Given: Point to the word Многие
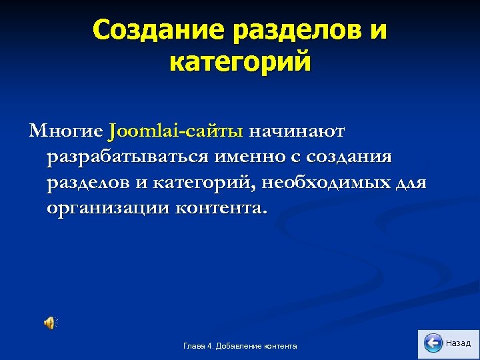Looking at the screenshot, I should [x=65, y=131].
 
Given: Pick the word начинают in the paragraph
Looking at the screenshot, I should [x=297, y=131].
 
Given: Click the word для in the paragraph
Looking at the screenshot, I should [x=409, y=182].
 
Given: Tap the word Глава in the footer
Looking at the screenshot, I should [x=193, y=346].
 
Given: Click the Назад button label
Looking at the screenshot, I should [x=458, y=343].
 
